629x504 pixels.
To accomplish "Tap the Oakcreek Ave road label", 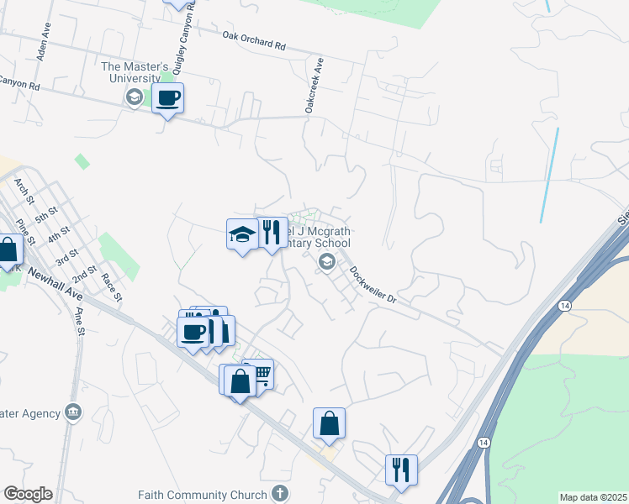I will click(314, 86).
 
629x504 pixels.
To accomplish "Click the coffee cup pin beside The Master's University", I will click(167, 99).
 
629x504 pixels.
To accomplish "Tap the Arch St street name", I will click(24, 194).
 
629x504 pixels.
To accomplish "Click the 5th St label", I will click(47, 216).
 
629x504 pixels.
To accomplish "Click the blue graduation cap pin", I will click(242, 234).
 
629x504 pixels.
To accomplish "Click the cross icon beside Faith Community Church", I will click(281, 495).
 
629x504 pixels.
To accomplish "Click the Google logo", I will click(28, 494).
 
